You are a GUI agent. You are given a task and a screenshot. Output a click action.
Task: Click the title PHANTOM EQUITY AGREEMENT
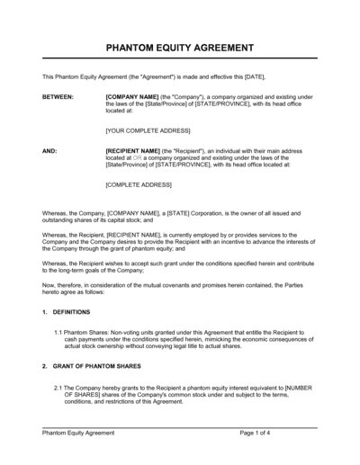tap(179, 48)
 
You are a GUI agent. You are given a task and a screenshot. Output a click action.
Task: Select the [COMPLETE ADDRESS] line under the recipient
tap(137, 185)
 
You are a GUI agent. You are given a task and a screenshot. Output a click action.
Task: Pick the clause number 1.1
tap(58, 332)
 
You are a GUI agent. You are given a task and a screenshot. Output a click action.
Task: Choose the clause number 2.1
tap(58, 387)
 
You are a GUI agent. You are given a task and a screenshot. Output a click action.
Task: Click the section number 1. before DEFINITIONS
tap(45, 312)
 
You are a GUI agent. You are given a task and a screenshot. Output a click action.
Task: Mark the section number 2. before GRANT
tap(45, 367)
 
